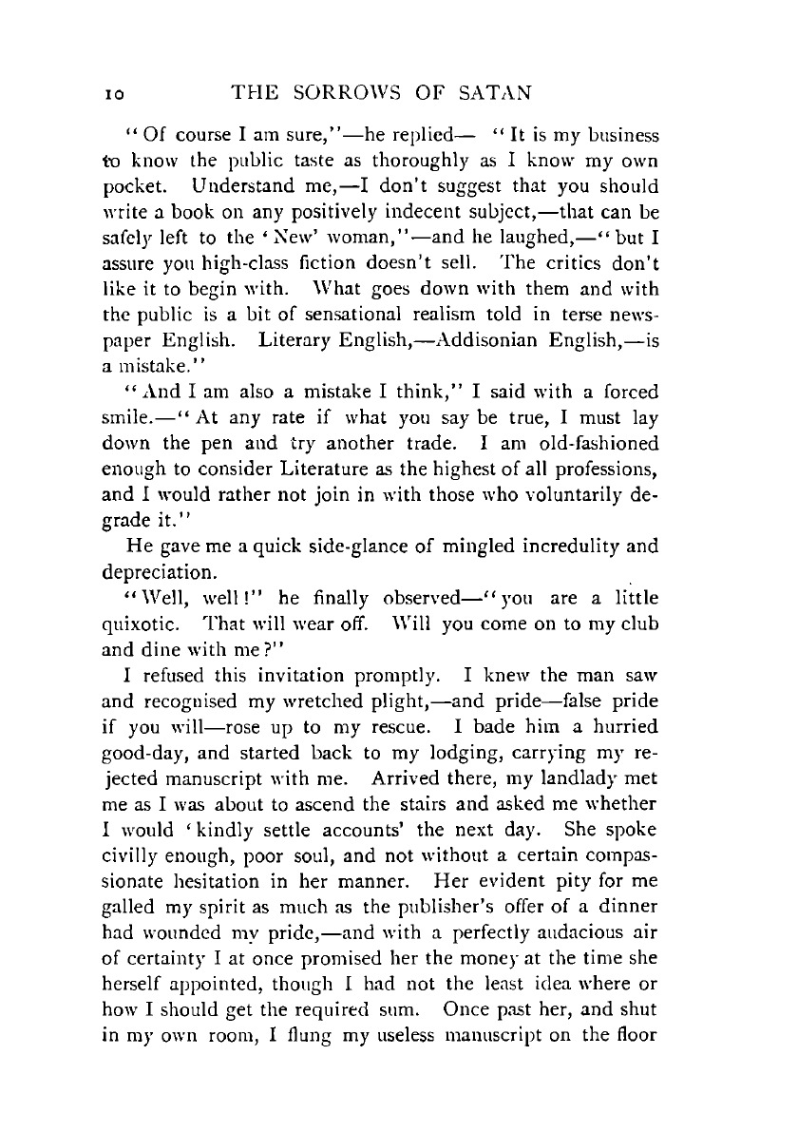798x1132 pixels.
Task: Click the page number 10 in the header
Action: click(x=106, y=93)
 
